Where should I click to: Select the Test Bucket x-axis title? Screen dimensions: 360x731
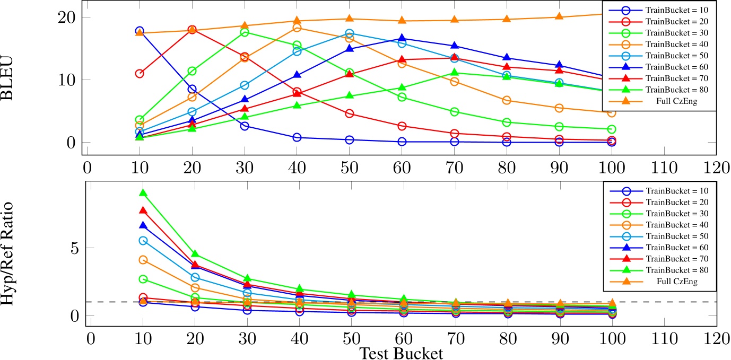point(401,353)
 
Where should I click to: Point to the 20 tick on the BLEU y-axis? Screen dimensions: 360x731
point(67,17)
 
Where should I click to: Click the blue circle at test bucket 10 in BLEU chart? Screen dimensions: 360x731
point(139,31)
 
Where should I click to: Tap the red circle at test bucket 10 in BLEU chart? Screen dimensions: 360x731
point(139,74)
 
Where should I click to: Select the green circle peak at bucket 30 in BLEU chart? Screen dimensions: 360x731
point(245,32)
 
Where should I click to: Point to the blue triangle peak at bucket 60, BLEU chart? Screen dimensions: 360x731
point(402,38)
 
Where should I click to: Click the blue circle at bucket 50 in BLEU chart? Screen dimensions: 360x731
point(350,140)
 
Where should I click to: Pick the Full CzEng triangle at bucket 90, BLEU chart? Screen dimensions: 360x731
point(559,17)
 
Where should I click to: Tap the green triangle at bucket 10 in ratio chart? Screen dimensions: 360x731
point(143,193)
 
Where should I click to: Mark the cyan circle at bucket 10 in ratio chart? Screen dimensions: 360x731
point(143,240)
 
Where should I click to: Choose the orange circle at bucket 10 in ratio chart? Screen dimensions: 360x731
point(143,260)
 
